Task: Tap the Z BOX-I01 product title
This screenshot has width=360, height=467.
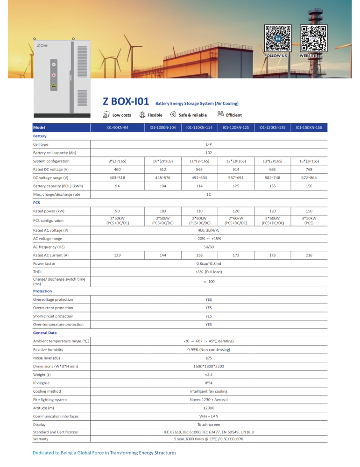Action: pos(126,101)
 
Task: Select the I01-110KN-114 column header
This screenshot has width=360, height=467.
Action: pos(199,127)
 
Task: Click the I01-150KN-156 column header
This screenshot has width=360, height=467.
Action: pos(309,127)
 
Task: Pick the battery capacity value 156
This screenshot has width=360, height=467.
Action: pos(309,186)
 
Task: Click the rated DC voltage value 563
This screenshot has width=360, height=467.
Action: pos(199,169)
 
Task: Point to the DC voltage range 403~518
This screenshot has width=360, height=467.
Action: pos(117,177)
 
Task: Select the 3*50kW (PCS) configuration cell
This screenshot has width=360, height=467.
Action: pos(309,220)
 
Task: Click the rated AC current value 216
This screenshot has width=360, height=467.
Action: pos(309,255)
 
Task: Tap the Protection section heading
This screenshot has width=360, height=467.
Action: pos(42,291)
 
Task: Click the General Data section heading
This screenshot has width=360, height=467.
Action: pos(45,333)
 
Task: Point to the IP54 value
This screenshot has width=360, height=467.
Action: pos(209,383)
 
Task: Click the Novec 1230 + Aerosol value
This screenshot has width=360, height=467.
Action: pos(209,400)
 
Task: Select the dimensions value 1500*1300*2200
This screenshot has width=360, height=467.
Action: pos(209,366)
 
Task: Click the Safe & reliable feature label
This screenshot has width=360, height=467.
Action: pos(192,115)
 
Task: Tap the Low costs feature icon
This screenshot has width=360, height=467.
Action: pos(106,114)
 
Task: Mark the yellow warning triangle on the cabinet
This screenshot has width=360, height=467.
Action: pos(54,85)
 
